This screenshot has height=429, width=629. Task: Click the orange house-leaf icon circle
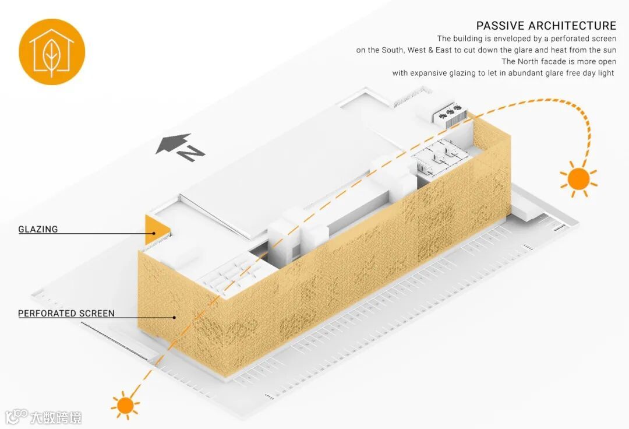click(52, 52)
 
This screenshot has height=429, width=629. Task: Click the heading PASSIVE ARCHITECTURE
click(546, 26)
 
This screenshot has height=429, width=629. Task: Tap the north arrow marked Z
click(181, 148)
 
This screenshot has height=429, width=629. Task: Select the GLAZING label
click(38, 229)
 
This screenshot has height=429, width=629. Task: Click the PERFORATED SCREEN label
click(66, 313)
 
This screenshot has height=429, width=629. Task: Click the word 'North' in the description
click(528, 61)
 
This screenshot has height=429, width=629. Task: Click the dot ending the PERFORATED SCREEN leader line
click(174, 318)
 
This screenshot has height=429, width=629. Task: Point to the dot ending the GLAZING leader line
click(154, 234)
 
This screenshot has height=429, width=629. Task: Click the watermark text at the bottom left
click(44, 417)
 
